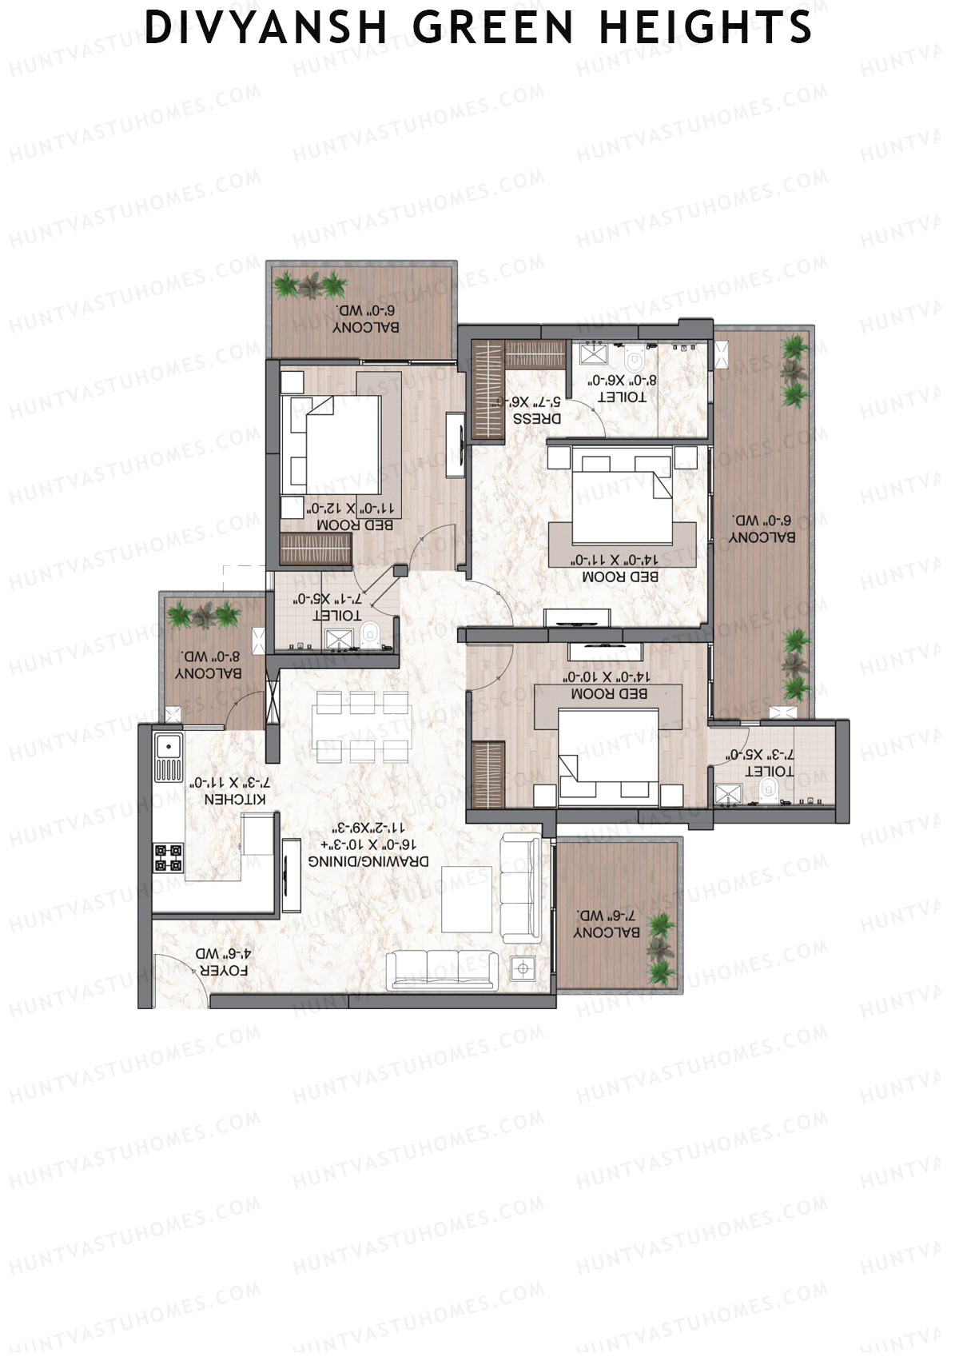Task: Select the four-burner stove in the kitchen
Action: (169, 857)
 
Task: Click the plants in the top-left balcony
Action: (311, 285)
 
